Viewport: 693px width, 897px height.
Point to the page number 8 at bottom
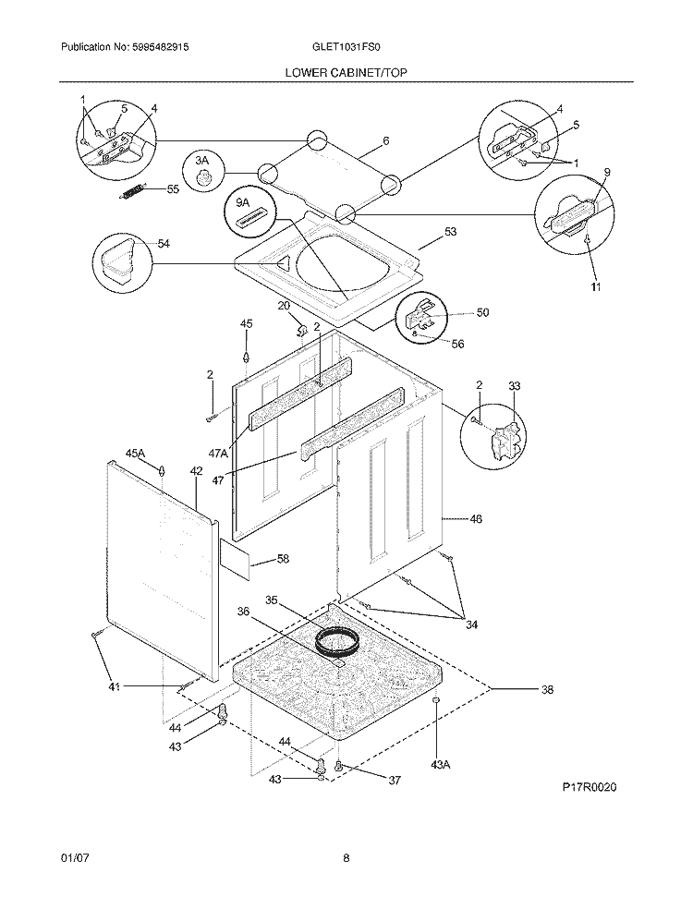pyautogui.click(x=346, y=858)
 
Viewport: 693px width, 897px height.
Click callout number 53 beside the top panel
pyautogui.click(x=450, y=232)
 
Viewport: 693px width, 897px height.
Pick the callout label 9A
pyautogui.click(x=242, y=202)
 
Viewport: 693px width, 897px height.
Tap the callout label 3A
pyautogui.click(x=202, y=162)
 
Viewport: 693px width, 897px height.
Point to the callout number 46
pyautogui.click(x=476, y=519)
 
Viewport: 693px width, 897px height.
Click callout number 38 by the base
pyautogui.click(x=547, y=689)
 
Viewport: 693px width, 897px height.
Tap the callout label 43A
pyautogui.click(x=441, y=763)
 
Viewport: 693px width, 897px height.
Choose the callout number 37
pyautogui.click(x=395, y=781)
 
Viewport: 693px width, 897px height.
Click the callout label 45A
pyautogui.click(x=136, y=453)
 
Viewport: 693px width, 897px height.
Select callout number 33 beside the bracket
pyautogui.click(x=515, y=385)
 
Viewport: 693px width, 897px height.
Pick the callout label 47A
pyautogui.click(x=219, y=454)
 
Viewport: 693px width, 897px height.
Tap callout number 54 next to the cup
pyautogui.click(x=164, y=244)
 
